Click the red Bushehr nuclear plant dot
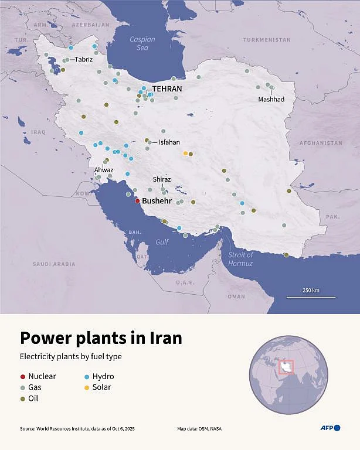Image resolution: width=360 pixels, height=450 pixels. [137, 201]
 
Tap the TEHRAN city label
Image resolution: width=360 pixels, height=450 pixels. [167, 89]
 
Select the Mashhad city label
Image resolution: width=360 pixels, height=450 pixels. [271, 100]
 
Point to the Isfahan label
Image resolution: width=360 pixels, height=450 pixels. [169, 142]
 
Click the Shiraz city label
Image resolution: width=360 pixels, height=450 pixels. [162, 179]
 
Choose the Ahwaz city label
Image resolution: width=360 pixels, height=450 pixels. [104, 170]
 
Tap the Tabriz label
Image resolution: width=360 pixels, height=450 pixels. [83, 59]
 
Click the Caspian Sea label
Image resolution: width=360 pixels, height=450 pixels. [142, 43]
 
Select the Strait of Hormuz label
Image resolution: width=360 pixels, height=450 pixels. [240, 259]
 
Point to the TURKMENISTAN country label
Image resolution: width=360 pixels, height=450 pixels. [267, 40]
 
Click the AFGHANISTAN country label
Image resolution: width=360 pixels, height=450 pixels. [320, 143]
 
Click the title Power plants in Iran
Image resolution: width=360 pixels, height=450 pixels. [101, 339]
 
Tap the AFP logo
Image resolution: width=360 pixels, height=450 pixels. [330, 428]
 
